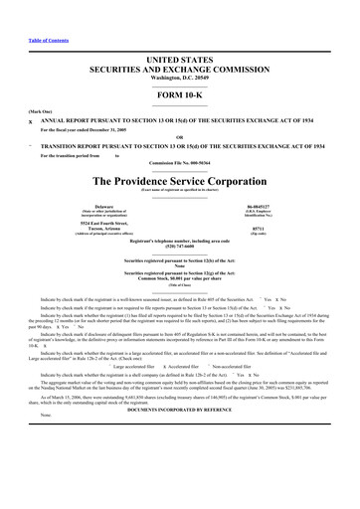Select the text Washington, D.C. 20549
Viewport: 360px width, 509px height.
(179, 49)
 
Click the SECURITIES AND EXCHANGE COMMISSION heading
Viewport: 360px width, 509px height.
(179, 41)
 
